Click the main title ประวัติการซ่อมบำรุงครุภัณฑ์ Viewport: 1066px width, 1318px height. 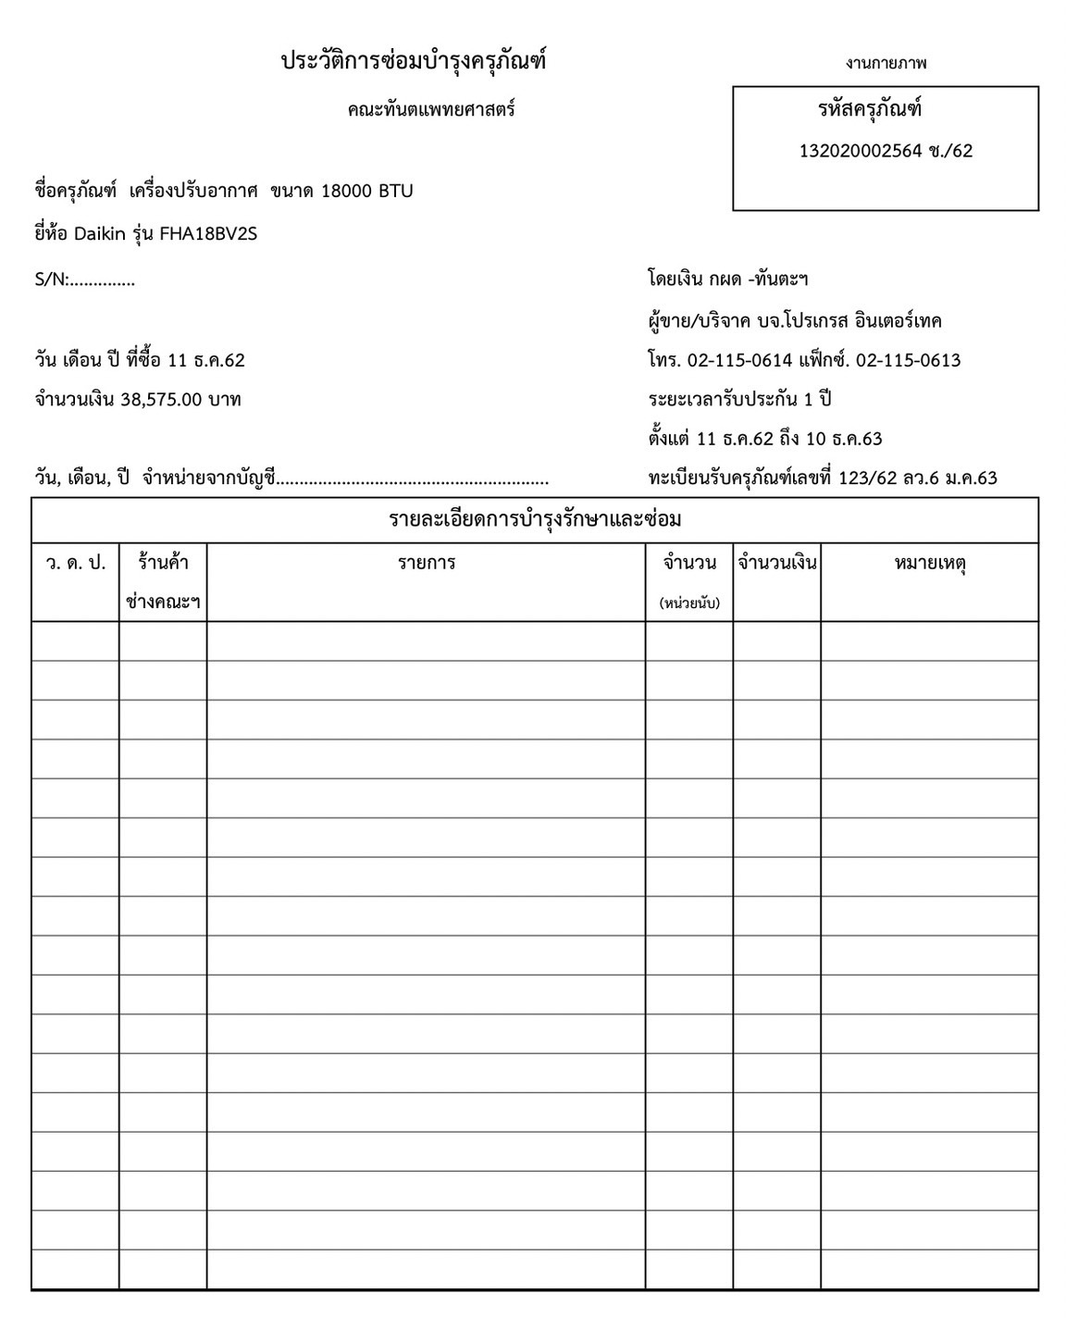[x=414, y=62]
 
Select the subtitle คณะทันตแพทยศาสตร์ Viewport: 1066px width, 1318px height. [x=431, y=110]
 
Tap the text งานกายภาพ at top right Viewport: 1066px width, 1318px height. [x=886, y=63]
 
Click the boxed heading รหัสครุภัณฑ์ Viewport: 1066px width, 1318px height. [x=870, y=109]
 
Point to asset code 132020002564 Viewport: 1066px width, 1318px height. [x=861, y=151]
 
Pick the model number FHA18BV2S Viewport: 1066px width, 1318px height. [x=208, y=234]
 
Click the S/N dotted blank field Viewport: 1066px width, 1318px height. [x=102, y=281]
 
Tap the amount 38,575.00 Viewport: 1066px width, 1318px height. [x=162, y=400]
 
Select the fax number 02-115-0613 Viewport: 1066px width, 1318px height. [x=909, y=361]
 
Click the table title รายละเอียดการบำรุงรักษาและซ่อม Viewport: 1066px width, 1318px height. [x=535, y=519]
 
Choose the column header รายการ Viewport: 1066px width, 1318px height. [x=427, y=563]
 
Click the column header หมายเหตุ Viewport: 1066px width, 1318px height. [x=930, y=563]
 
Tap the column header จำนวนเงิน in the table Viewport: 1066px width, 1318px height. [x=777, y=563]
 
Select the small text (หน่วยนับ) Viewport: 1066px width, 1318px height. [x=689, y=603]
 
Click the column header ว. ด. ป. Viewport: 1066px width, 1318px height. [x=76, y=563]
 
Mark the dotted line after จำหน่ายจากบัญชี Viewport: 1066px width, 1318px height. [x=413, y=481]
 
